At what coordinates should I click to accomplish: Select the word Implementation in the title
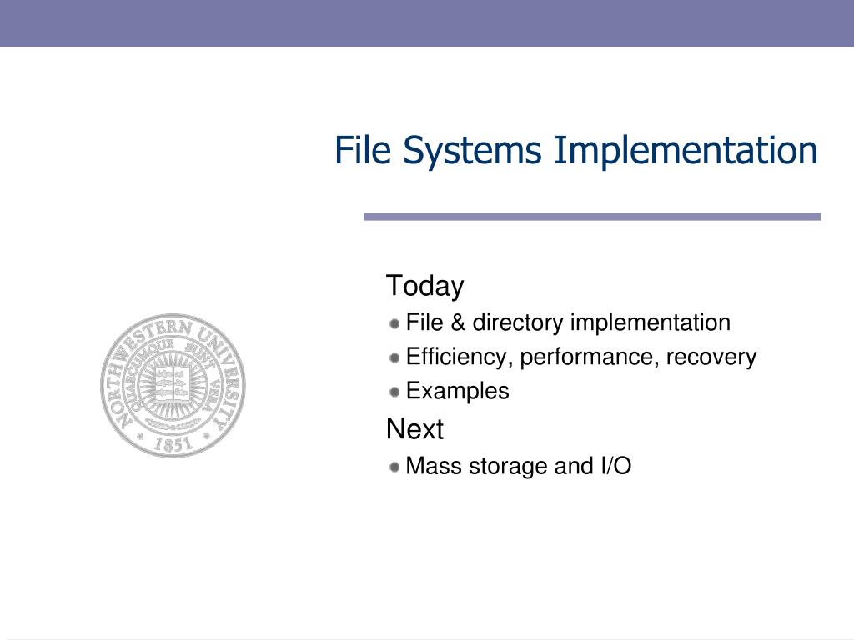pos(686,151)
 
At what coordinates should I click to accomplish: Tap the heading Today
pos(424,286)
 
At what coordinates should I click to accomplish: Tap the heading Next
pos(414,430)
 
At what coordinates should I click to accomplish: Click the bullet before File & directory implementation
pos(394,322)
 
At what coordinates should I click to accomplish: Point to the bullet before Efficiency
pos(394,357)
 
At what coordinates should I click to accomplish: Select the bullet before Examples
pos(394,392)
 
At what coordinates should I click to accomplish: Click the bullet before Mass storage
pos(394,467)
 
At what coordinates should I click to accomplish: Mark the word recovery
pos(714,357)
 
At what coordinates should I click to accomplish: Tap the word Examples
pos(457,392)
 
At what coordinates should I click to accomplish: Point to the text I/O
pos(615,467)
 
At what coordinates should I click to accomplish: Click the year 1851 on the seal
pos(172,444)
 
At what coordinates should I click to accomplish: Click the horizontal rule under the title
pos(592,217)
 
